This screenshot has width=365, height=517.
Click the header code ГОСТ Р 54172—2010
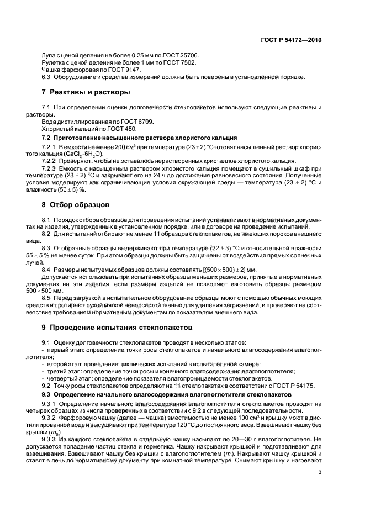pyautogui.click(x=292, y=40)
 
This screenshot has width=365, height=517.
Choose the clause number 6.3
pyautogui.click(x=46, y=77)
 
